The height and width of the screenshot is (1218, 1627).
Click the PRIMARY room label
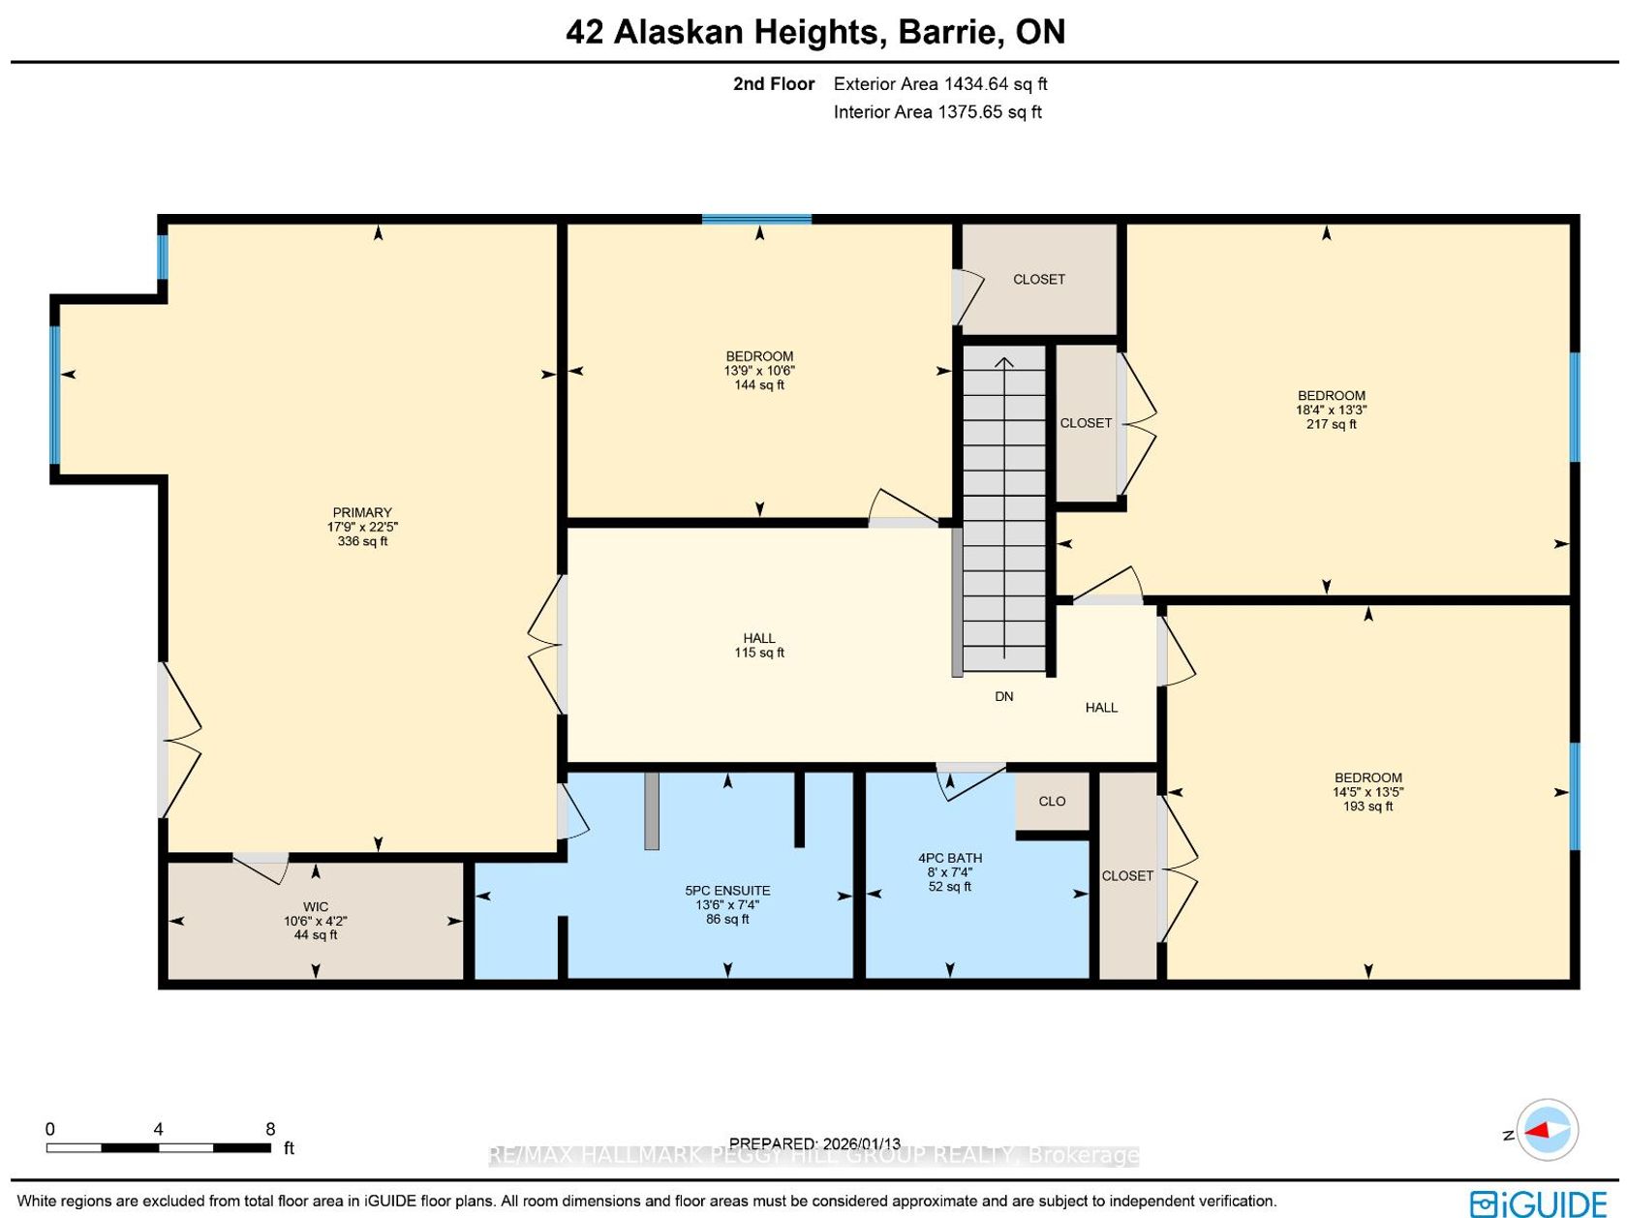[362, 513]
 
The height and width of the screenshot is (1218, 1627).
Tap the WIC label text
[316, 907]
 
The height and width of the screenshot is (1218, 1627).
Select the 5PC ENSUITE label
[728, 891]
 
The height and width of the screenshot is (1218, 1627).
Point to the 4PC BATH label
[950, 858]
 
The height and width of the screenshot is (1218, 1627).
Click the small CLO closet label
[1053, 801]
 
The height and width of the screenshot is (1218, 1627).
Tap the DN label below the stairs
[1004, 696]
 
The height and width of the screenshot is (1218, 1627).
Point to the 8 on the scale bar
[270, 1129]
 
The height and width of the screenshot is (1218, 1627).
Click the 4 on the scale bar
[159, 1129]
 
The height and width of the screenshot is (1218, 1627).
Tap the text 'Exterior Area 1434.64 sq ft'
[940, 83]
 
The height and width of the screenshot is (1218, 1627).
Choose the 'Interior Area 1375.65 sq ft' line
[937, 112]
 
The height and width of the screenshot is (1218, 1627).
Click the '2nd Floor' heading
[774, 83]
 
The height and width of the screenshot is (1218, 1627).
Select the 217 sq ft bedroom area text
[1332, 424]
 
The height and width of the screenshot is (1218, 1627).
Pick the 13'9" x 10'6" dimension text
[760, 371]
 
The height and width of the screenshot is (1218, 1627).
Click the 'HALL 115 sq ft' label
[760, 645]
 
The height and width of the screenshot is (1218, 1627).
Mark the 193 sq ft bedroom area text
[1368, 807]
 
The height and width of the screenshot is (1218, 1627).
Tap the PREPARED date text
[814, 1143]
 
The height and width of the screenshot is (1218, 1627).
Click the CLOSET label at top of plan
[1039, 279]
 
